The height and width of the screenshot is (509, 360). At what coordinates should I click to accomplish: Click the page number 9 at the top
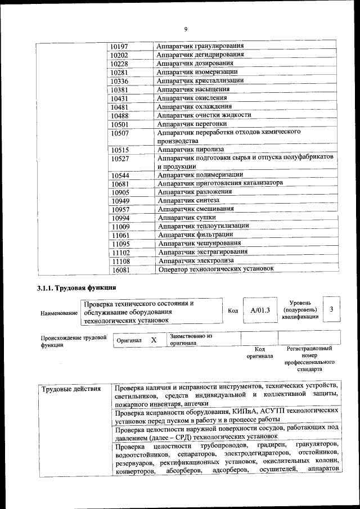point(185,29)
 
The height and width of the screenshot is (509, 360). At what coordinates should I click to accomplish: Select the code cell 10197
point(119,46)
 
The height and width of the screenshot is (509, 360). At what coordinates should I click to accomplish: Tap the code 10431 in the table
point(120,98)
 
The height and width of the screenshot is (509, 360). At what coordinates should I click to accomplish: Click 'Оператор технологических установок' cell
point(216,269)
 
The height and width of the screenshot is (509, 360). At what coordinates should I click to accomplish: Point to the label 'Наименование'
point(58,313)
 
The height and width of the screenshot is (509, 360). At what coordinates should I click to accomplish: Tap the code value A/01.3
point(260,310)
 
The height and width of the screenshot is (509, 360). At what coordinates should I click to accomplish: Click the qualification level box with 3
point(332,309)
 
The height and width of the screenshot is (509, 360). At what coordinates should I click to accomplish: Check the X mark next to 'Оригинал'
point(154,340)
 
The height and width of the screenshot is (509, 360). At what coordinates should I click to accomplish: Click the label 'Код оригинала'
point(259,353)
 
